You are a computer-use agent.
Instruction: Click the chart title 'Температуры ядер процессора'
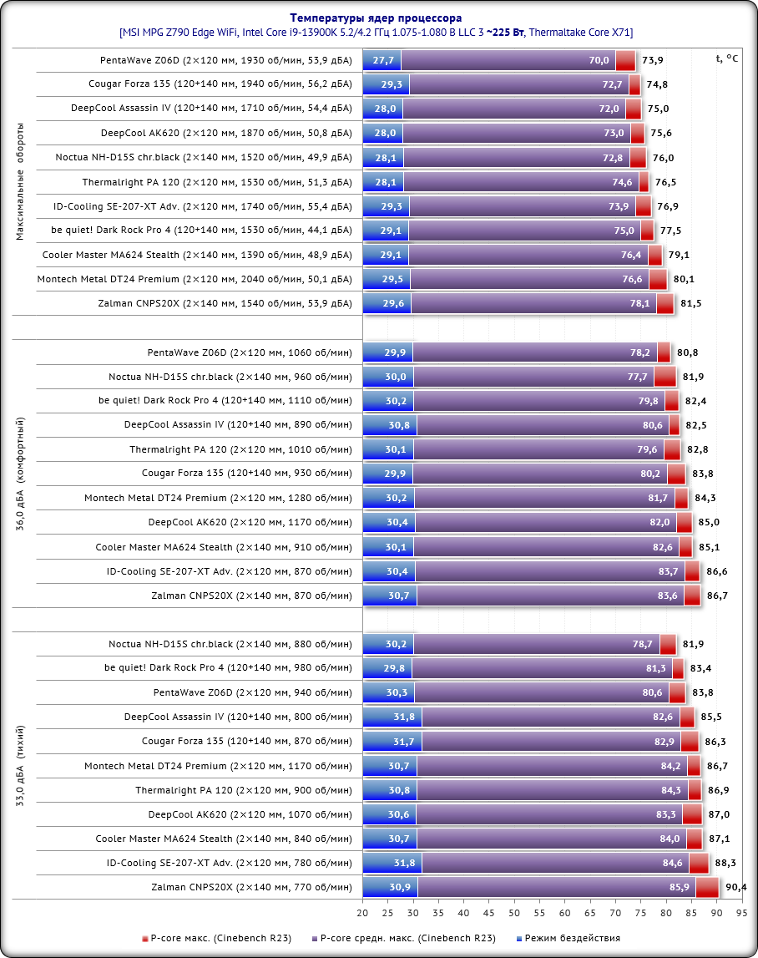[376, 18]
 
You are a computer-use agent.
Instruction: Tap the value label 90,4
[735, 887]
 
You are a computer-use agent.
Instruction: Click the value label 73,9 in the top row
[652, 60]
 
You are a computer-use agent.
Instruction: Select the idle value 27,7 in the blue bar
[383, 60]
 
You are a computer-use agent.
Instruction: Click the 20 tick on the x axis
[363, 915]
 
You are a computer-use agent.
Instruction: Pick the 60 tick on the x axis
[564, 915]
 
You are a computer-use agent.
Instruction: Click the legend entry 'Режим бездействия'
[572, 938]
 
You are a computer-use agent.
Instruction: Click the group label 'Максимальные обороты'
[20, 181]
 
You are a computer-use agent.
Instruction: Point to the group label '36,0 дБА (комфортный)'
[20, 474]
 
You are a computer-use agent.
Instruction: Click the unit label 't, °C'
[726, 58]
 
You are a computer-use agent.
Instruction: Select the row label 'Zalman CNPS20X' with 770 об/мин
[251, 887]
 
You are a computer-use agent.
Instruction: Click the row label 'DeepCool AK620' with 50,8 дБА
[226, 133]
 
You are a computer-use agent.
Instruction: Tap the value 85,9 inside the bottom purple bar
[680, 887]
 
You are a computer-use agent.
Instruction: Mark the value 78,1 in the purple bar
[641, 303]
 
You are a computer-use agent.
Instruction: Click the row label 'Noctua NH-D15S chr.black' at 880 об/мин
[230, 644]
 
